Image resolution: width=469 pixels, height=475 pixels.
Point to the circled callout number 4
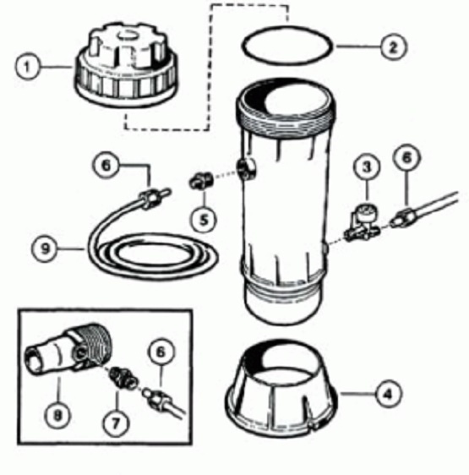pyautogui.click(x=388, y=393)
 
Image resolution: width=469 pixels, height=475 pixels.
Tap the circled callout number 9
pyautogui.click(x=45, y=248)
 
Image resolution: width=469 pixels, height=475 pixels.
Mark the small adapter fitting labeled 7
pyautogui.click(x=122, y=377)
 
